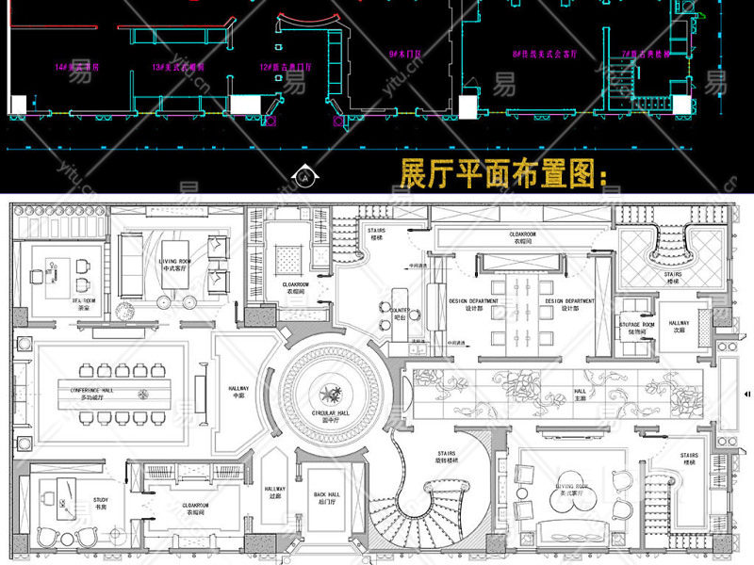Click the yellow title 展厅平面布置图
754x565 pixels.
pos(505,174)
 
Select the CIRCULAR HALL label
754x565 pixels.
pos(330,414)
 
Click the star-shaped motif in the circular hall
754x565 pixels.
pos(330,389)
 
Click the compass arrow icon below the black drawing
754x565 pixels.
pos(304,173)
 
